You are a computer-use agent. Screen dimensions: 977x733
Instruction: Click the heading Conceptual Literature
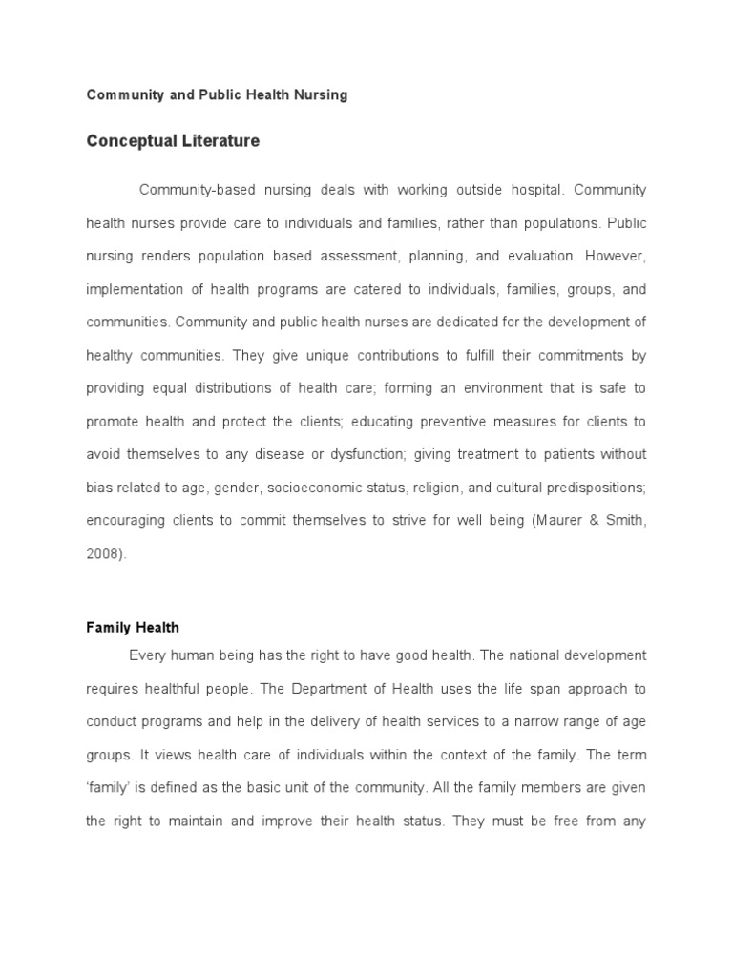173,141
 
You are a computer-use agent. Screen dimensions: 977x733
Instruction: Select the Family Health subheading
133,628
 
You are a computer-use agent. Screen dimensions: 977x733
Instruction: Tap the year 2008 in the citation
103,553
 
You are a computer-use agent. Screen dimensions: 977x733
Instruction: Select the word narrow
555,721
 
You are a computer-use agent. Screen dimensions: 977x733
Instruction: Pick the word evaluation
541,256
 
